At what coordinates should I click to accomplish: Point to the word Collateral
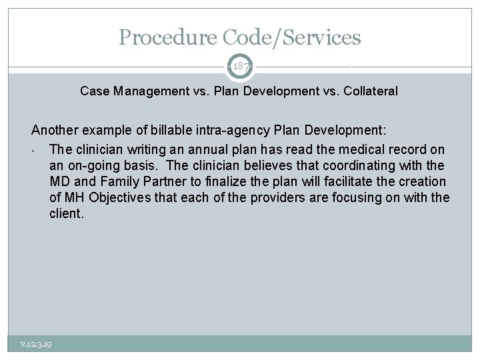click(x=371, y=91)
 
